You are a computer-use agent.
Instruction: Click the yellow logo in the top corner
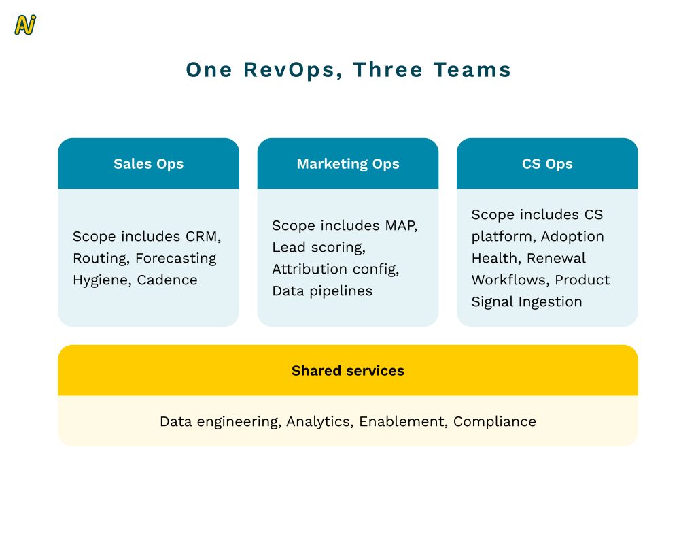[x=25, y=25]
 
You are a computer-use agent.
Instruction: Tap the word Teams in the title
[x=472, y=70]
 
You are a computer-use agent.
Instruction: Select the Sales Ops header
[x=148, y=163]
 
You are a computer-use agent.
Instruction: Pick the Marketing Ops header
[x=348, y=163]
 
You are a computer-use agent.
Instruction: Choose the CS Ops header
[x=547, y=163]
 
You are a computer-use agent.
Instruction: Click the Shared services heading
[x=348, y=370]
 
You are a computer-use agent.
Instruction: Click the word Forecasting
[x=176, y=259]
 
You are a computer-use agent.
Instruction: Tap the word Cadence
[x=167, y=280]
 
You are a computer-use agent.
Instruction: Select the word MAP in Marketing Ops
[x=401, y=226]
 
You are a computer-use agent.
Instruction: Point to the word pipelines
[x=341, y=291]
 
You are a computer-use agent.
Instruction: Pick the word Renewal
[x=556, y=258]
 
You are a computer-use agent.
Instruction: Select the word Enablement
[x=402, y=421]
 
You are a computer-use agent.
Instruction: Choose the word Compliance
[x=495, y=422]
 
